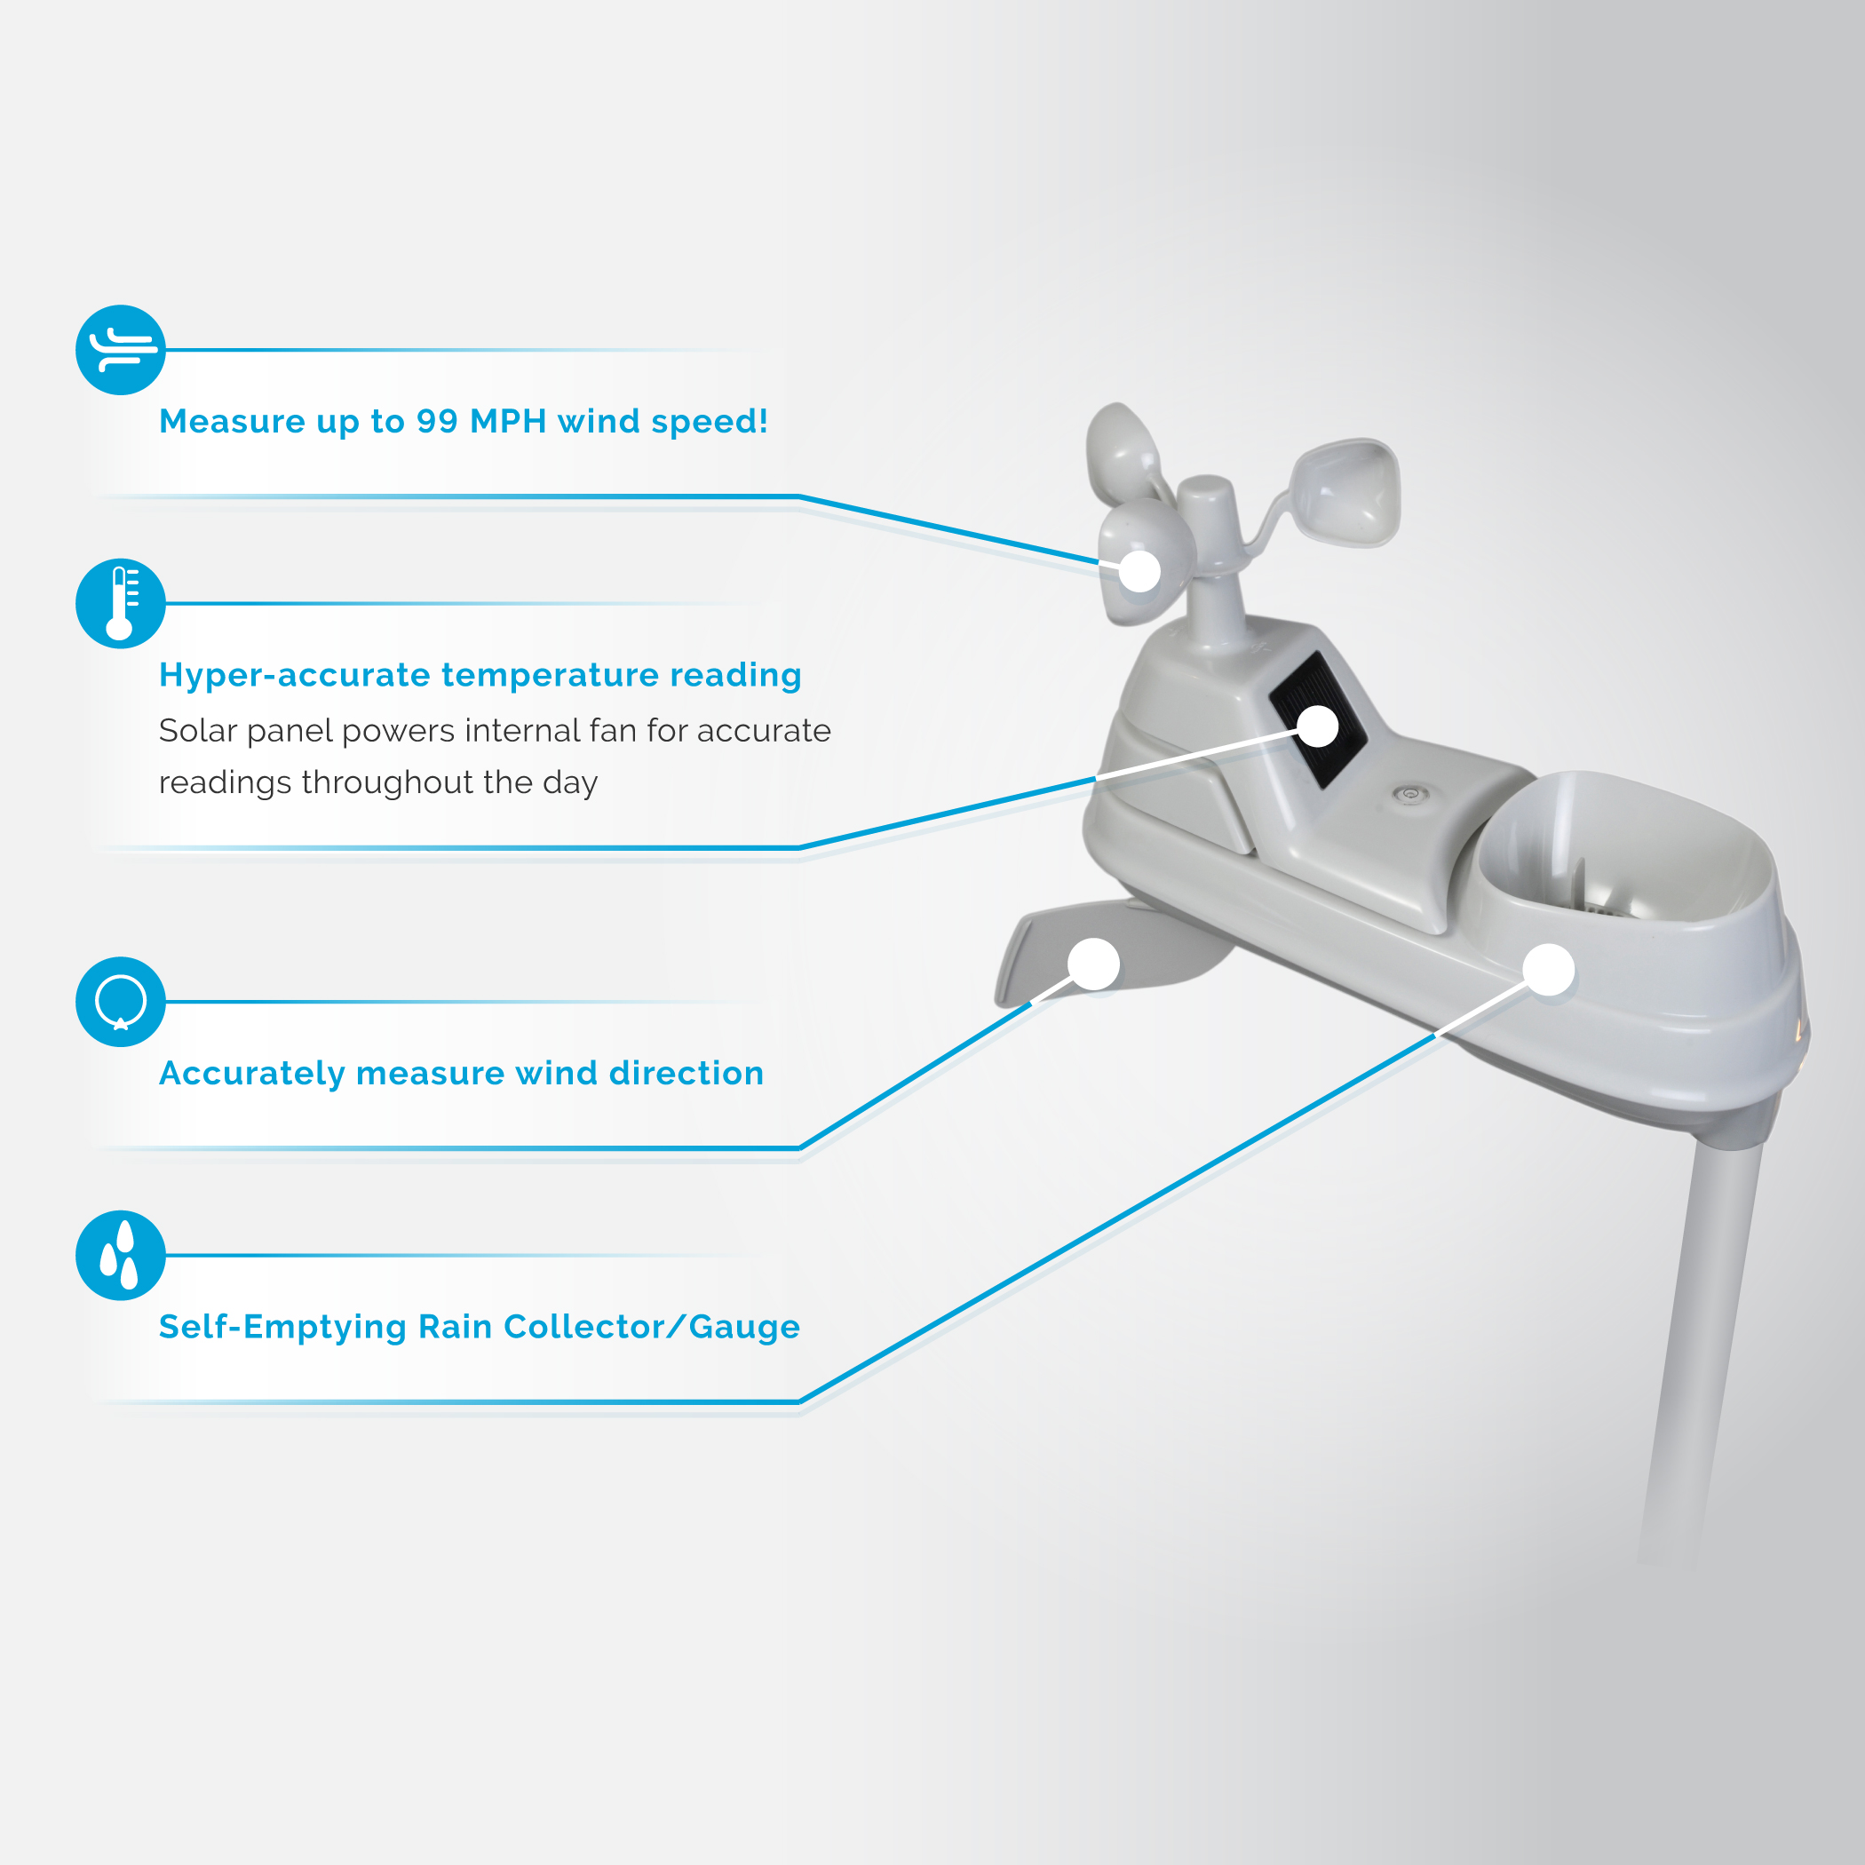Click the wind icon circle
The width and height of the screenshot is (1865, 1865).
coord(121,349)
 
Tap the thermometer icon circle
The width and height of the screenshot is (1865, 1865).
coord(121,603)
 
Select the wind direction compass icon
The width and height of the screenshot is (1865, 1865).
coord(121,1002)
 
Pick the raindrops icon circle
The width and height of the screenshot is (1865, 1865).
coord(121,1255)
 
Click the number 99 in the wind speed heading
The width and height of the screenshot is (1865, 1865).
coord(437,421)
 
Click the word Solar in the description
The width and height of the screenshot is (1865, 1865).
coord(198,731)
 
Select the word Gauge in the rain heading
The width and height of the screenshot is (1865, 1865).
coord(744,1329)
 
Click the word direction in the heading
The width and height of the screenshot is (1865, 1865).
coord(686,1074)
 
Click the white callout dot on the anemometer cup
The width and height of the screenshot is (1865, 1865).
coord(1140,571)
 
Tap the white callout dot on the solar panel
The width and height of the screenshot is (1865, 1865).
coord(1318,726)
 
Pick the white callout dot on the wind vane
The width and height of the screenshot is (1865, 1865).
coord(1094,964)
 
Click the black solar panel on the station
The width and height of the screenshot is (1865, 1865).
coord(1319,719)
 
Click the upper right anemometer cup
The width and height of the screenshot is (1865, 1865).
coord(1345,492)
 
